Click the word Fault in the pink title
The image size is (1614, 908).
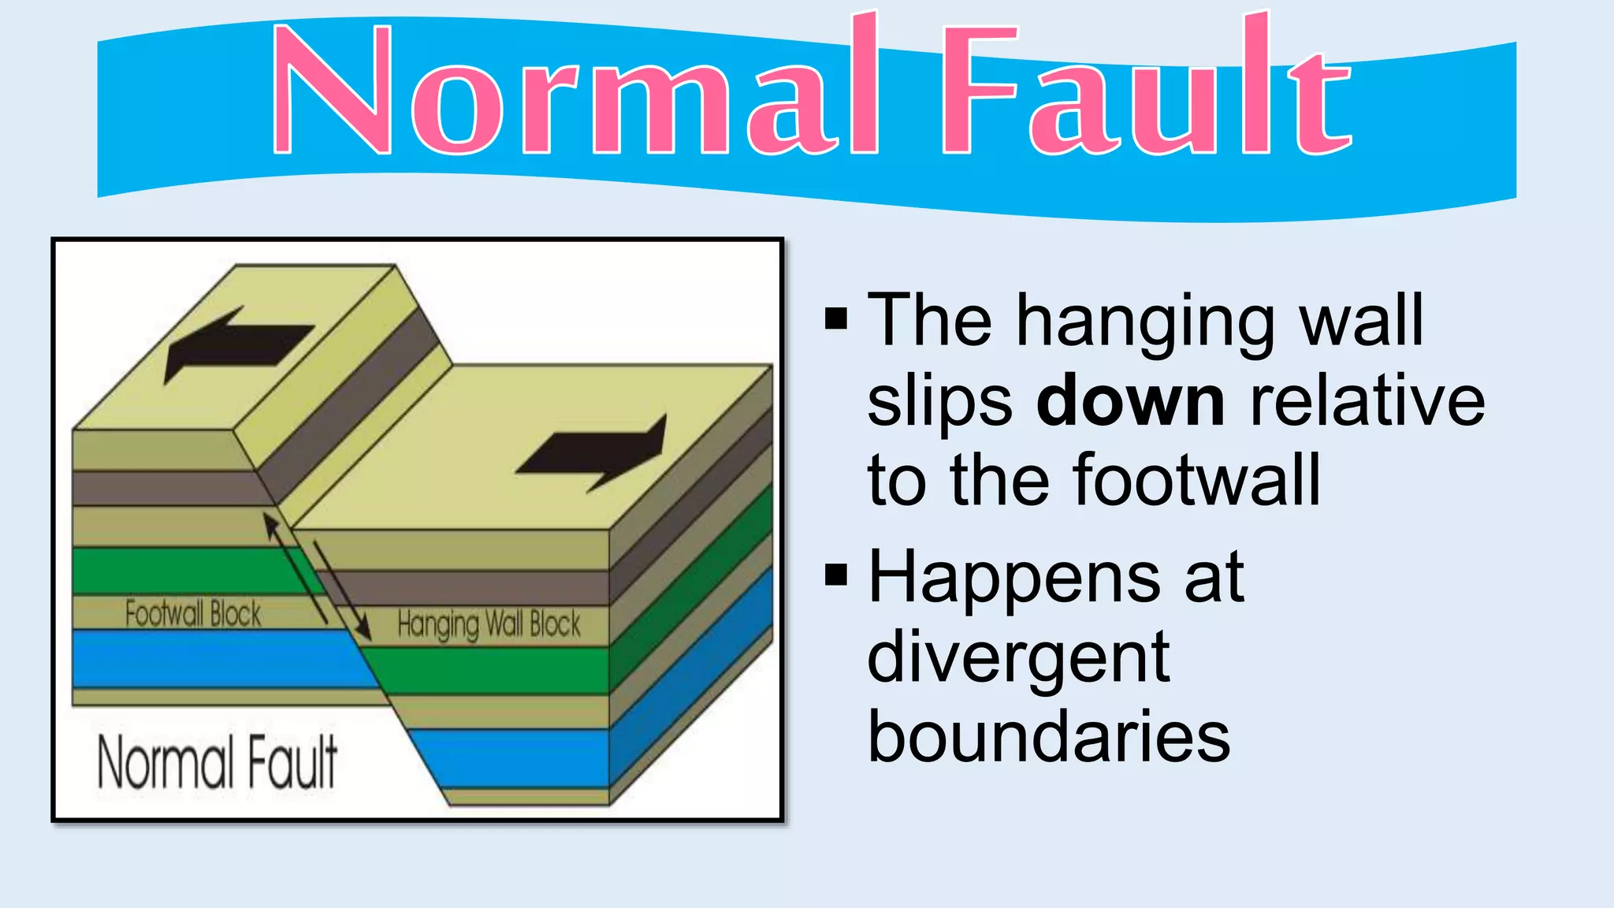point(1147,91)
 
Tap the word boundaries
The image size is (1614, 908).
point(1048,737)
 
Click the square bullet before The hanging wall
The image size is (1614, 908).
point(836,318)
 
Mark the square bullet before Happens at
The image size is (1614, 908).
point(836,575)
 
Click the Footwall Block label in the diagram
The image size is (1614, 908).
point(193,613)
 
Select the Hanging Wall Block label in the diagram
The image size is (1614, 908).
point(489,624)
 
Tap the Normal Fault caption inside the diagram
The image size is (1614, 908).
point(218,761)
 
